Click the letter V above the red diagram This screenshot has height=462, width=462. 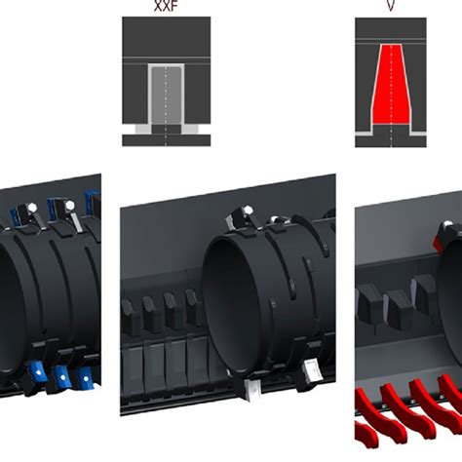click(x=390, y=7)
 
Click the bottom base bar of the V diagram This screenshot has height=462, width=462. click(x=390, y=140)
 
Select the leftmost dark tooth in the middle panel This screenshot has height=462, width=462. click(x=128, y=315)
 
